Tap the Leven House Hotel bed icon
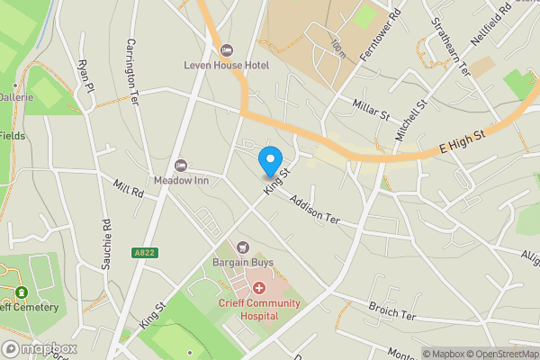[225, 49]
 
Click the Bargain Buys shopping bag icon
[242, 247]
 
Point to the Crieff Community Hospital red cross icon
[259, 288]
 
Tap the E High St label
[462, 141]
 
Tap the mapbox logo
[40, 348]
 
